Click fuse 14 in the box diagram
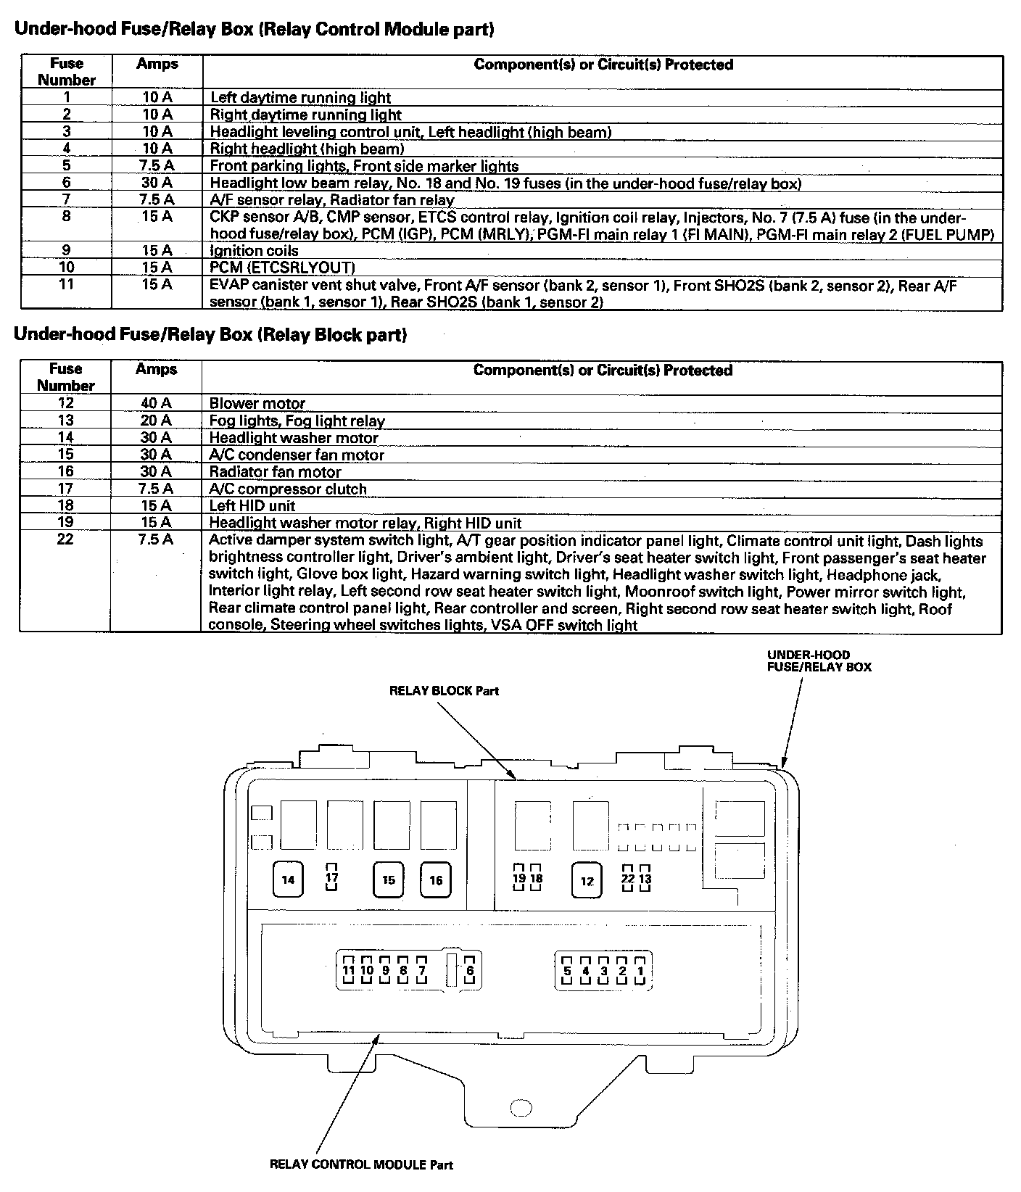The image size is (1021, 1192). (x=289, y=879)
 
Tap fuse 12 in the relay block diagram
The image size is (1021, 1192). (x=587, y=881)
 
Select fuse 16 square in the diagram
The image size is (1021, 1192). (x=436, y=879)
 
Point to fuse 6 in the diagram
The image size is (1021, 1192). (x=470, y=971)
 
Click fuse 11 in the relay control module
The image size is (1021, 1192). (x=349, y=970)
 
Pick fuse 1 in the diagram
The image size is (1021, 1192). (x=640, y=971)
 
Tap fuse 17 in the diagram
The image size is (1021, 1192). (x=332, y=878)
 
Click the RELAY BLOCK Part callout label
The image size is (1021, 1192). (x=444, y=690)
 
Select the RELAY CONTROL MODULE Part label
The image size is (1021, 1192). (x=360, y=1164)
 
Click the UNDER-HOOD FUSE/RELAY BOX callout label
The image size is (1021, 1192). (x=819, y=661)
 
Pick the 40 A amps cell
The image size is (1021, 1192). (x=156, y=403)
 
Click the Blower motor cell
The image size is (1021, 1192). (x=257, y=403)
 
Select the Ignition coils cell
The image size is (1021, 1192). (x=254, y=251)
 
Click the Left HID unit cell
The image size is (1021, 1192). (x=252, y=505)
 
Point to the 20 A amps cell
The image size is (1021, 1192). (x=156, y=421)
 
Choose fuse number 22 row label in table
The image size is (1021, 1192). (x=65, y=539)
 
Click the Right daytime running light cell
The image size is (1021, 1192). (x=305, y=115)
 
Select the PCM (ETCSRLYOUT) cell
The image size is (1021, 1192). (x=282, y=268)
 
